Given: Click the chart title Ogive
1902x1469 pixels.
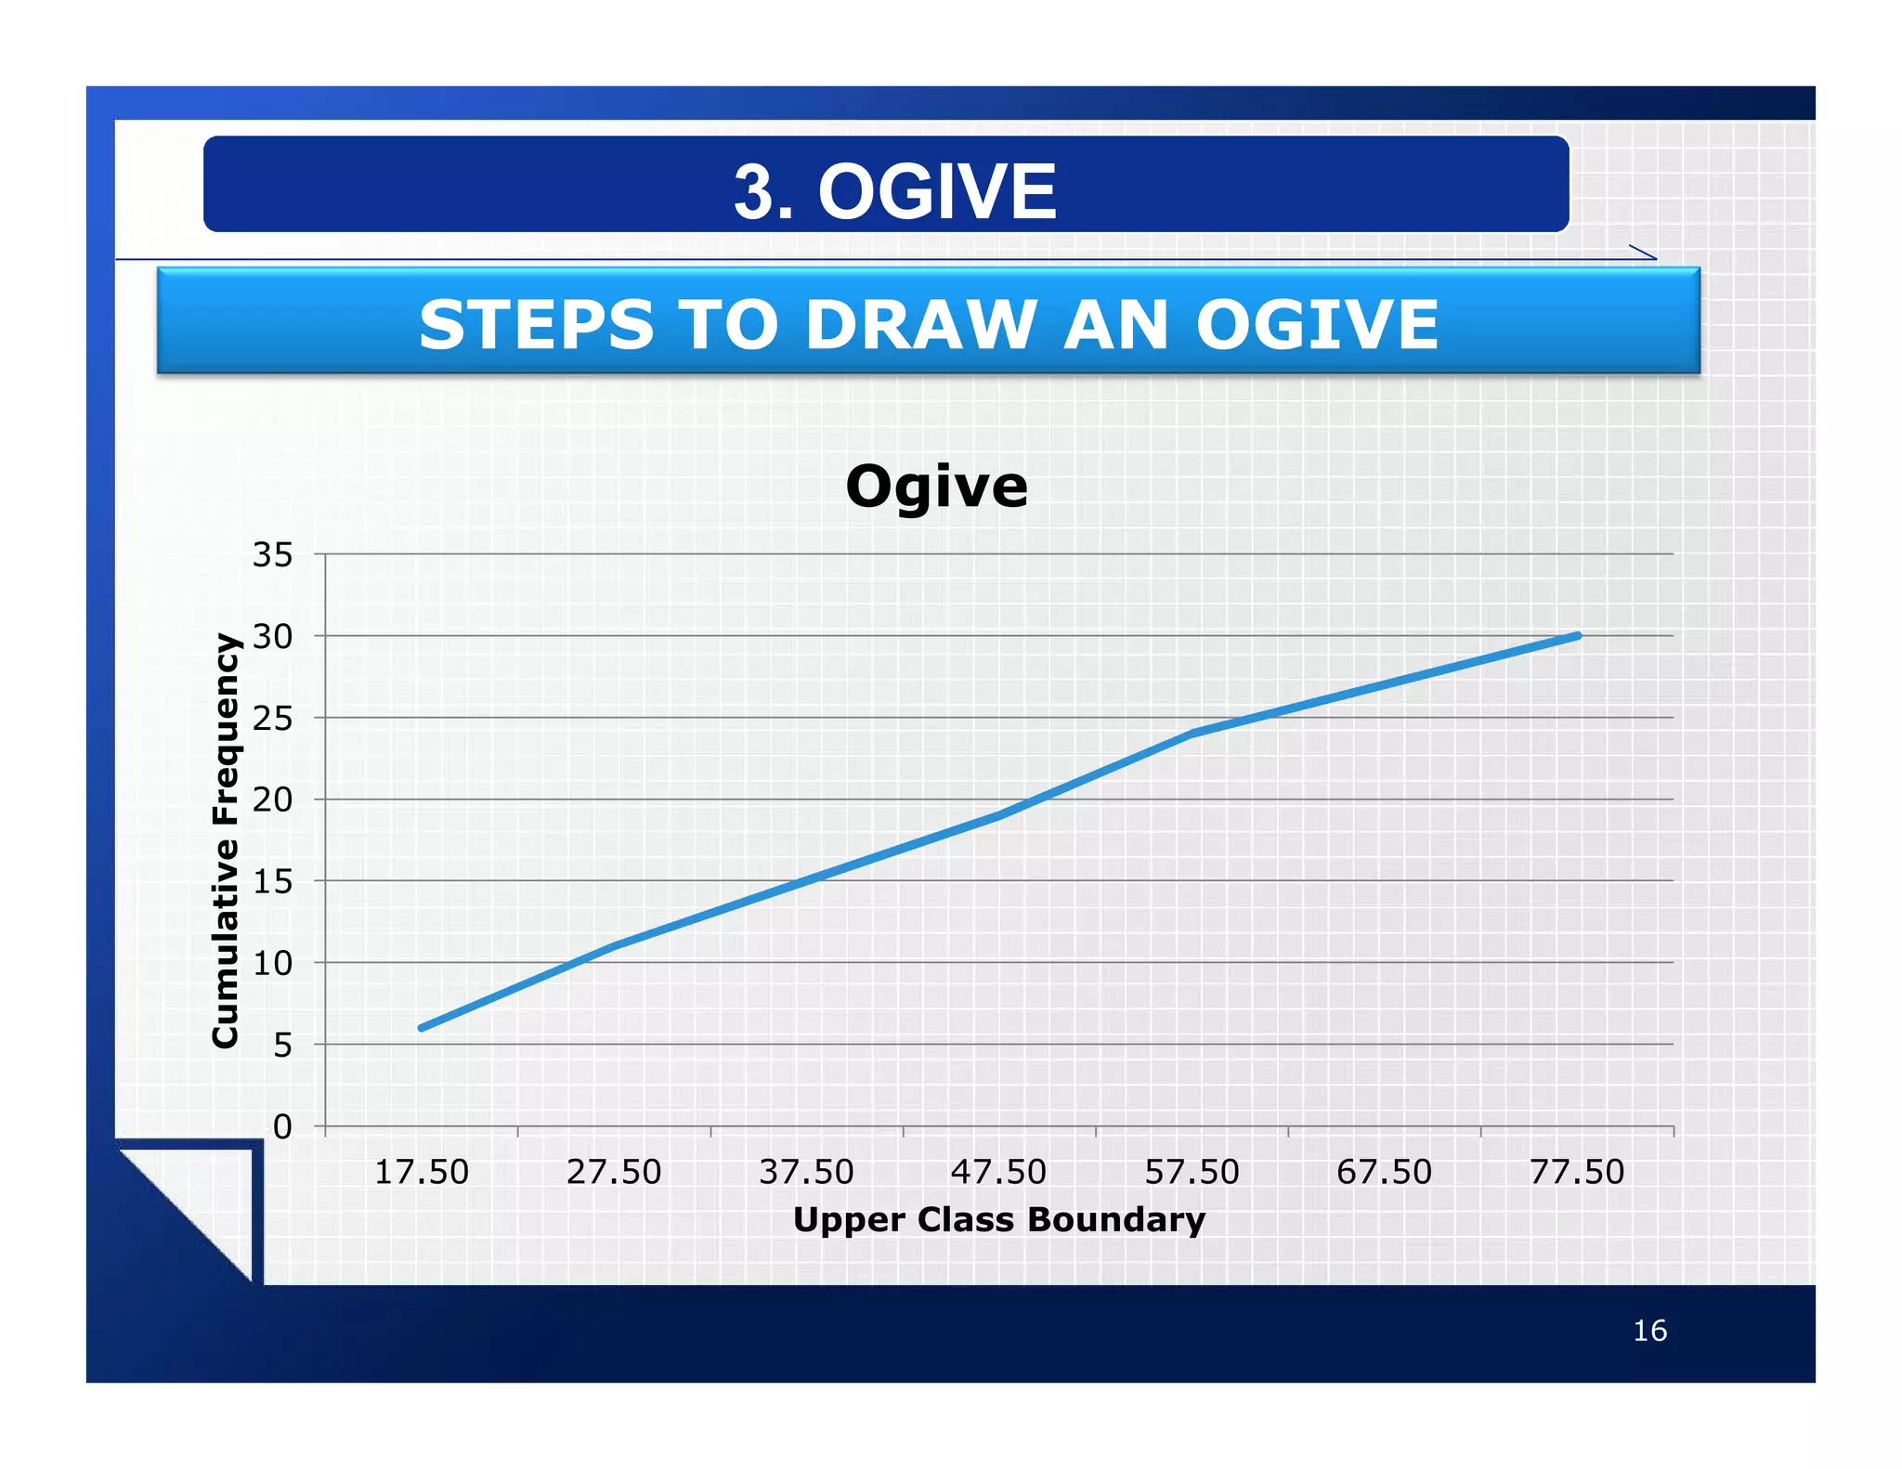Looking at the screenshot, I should click(936, 487).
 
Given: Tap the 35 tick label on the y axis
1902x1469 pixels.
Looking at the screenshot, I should click(272, 555).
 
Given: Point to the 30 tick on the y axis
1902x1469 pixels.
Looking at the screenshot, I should click(272, 637).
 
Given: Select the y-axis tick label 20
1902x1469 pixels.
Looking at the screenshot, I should click(272, 799).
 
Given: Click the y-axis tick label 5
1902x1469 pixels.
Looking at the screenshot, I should click(282, 1046).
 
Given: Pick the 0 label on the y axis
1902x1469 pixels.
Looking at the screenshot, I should click(282, 1127).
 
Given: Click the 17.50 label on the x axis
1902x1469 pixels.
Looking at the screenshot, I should click(422, 1172).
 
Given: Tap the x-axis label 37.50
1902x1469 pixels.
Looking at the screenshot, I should click(806, 1172).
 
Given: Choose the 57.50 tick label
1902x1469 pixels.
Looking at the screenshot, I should click(1192, 1172).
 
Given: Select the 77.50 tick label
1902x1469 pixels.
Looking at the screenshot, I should click(1577, 1172).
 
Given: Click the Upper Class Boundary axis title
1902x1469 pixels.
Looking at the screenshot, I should click(998, 1219).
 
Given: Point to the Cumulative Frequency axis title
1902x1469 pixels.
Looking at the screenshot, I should click(226, 840).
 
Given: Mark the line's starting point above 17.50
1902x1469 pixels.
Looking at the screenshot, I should click(422, 1028).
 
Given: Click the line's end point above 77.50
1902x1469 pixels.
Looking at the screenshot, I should click(1578, 636).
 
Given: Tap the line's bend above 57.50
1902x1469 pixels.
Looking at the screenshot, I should click(1192, 734).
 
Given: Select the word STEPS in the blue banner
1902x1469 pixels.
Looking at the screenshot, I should click(536, 325).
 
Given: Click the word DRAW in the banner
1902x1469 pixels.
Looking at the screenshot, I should click(920, 325).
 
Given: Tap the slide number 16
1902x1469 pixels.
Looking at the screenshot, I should click(1649, 1331).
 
